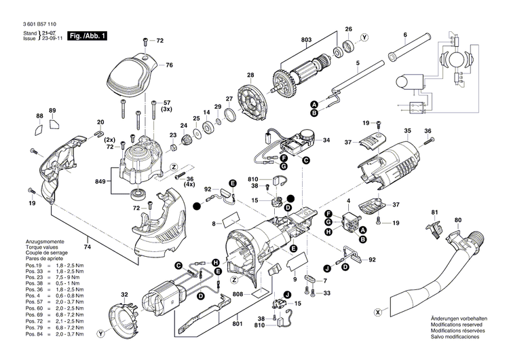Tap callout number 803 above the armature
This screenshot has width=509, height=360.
[306, 40]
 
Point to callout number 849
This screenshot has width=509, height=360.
[101, 181]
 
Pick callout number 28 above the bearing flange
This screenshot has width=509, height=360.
[250, 75]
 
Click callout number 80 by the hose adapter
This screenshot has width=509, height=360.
[458, 220]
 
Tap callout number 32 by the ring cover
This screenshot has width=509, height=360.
[124, 294]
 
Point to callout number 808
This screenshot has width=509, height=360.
[238, 294]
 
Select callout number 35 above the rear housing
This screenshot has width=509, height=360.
[407, 130]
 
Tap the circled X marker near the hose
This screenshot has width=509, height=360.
[377, 312]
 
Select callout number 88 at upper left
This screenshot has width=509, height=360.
[39, 116]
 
